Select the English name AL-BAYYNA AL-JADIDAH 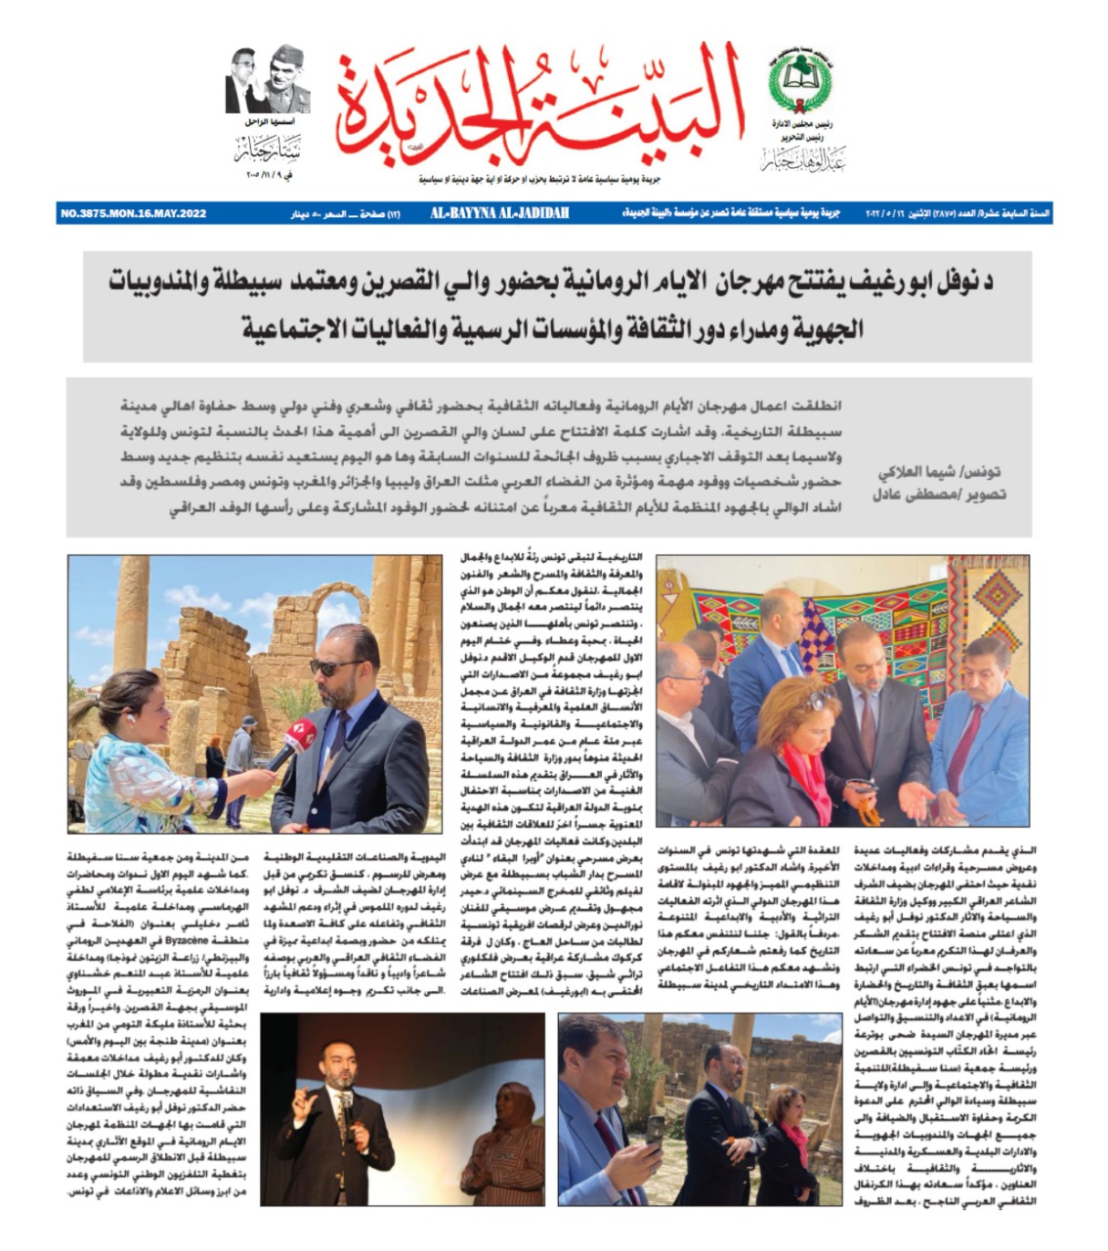[x=501, y=213]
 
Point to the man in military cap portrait [x=291, y=80]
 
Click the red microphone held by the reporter [x=293, y=744]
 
